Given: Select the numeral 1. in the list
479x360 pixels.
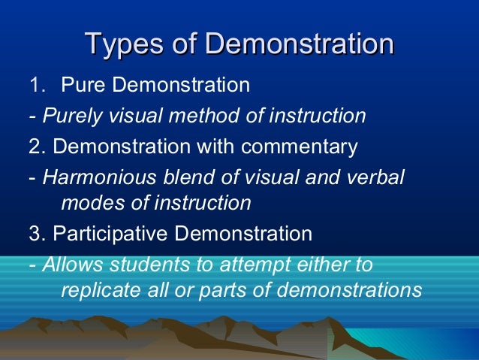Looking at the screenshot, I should [x=37, y=85].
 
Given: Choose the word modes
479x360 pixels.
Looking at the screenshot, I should [x=88, y=203].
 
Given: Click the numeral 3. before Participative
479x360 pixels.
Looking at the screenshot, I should [x=37, y=234].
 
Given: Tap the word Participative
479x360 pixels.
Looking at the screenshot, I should [x=111, y=234].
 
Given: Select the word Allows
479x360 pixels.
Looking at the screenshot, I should [x=71, y=265].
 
